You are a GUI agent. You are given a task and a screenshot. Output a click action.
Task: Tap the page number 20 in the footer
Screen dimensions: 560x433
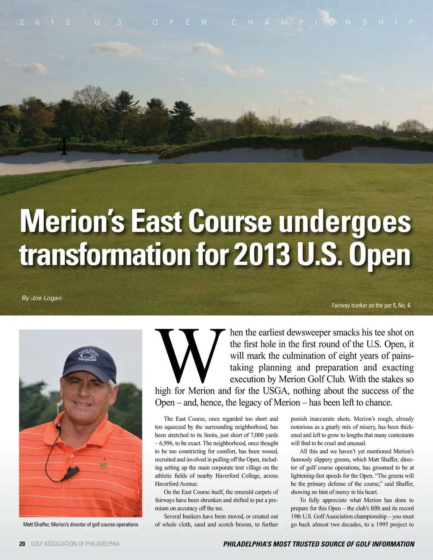[x=22, y=544]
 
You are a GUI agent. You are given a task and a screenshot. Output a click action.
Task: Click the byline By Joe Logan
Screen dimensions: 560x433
[x=41, y=298]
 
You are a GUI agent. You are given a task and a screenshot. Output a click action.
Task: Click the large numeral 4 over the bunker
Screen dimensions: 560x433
[x=62, y=147]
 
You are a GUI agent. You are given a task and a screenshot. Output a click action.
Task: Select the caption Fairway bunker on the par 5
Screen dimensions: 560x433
[x=371, y=305]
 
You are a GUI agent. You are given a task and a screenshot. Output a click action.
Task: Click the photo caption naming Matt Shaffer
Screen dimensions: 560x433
[x=80, y=524]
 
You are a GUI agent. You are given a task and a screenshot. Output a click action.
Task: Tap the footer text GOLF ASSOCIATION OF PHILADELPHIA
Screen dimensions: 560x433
[x=75, y=544]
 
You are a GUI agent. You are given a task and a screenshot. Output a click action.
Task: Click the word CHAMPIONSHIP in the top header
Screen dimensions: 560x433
[x=322, y=22]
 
